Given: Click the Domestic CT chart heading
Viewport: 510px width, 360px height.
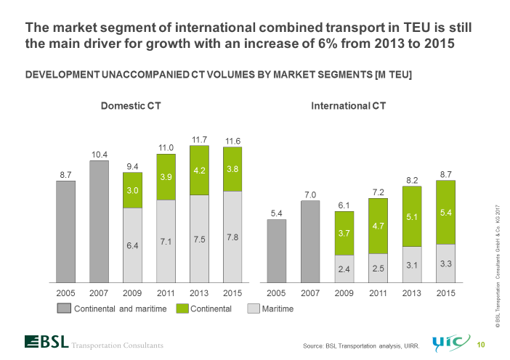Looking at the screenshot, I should coord(130,106).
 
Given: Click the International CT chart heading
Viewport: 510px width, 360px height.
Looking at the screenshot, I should coord(349,106).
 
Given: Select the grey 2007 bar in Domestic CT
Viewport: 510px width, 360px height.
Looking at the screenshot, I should coord(99,221).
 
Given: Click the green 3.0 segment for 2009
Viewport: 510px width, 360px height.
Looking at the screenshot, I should coord(132,190).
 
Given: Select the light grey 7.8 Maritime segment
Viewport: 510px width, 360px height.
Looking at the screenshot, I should coord(232,237).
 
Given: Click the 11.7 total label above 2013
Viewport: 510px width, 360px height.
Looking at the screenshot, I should coord(199,139).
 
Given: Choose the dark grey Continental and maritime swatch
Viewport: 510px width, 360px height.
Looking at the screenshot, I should coord(62,308).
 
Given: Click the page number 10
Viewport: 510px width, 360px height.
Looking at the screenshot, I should coord(480,343).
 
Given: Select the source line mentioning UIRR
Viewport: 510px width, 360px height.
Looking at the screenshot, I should coord(361,345).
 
